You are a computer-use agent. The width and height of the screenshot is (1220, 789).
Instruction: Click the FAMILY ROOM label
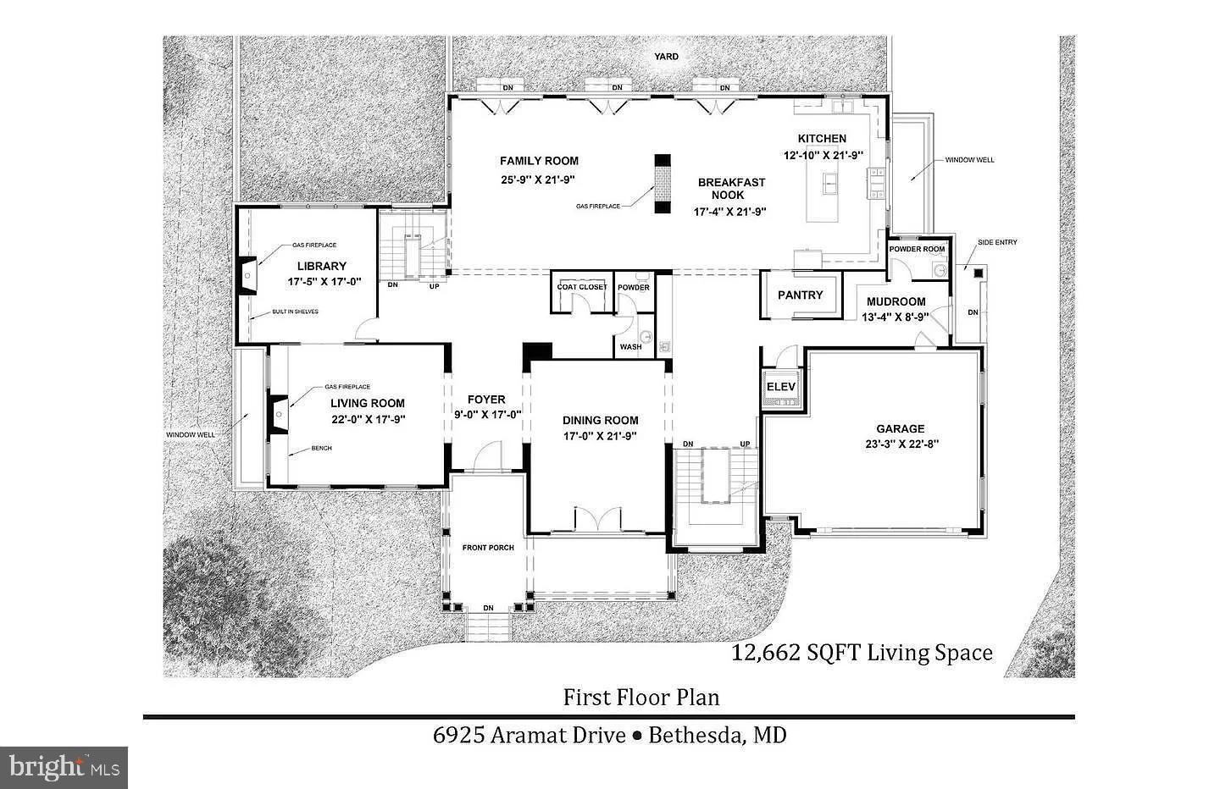pyautogui.click(x=539, y=161)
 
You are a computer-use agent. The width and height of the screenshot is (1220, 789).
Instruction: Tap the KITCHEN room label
pyautogui.click(x=821, y=139)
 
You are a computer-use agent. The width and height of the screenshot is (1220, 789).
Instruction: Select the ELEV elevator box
pyautogui.click(x=781, y=388)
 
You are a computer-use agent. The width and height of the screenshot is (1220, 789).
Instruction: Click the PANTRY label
pyautogui.click(x=800, y=295)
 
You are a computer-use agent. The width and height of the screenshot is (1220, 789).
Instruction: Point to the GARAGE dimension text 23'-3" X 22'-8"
pyautogui.click(x=900, y=444)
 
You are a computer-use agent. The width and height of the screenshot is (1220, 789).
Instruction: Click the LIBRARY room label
pyautogui.click(x=321, y=266)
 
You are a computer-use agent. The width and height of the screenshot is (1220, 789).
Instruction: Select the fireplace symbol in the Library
pyautogui.click(x=248, y=274)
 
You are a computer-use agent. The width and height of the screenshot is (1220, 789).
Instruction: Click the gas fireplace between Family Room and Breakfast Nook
pyautogui.click(x=662, y=184)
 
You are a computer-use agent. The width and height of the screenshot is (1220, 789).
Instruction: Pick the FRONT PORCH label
pyautogui.click(x=488, y=548)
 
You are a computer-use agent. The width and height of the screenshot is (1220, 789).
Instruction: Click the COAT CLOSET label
pyautogui.click(x=581, y=287)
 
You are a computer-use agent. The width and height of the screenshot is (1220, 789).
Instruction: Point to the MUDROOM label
pyautogui.click(x=895, y=302)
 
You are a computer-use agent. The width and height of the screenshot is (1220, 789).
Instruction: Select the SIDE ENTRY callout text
pyautogui.click(x=997, y=243)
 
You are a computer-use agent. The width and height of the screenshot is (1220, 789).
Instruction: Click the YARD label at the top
pyautogui.click(x=666, y=57)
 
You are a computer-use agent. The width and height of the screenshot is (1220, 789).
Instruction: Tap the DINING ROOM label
pyautogui.click(x=600, y=421)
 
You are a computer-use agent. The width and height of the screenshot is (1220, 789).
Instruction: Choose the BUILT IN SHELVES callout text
pyautogui.click(x=295, y=312)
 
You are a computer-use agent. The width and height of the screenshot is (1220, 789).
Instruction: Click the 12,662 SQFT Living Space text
pyautogui.click(x=862, y=653)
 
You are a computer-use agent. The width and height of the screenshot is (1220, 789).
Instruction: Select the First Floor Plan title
pyautogui.click(x=641, y=698)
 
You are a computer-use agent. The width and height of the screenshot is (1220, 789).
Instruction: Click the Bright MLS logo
pyautogui.click(x=64, y=767)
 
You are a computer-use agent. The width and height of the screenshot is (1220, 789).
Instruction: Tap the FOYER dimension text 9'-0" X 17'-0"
pyautogui.click(x=486, y=415)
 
